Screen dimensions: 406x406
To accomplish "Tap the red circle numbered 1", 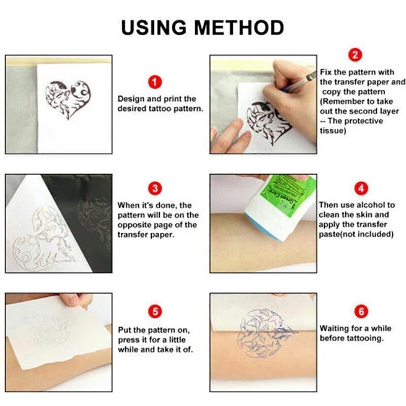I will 155,82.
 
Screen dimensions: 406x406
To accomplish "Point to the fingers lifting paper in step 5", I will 76,300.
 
